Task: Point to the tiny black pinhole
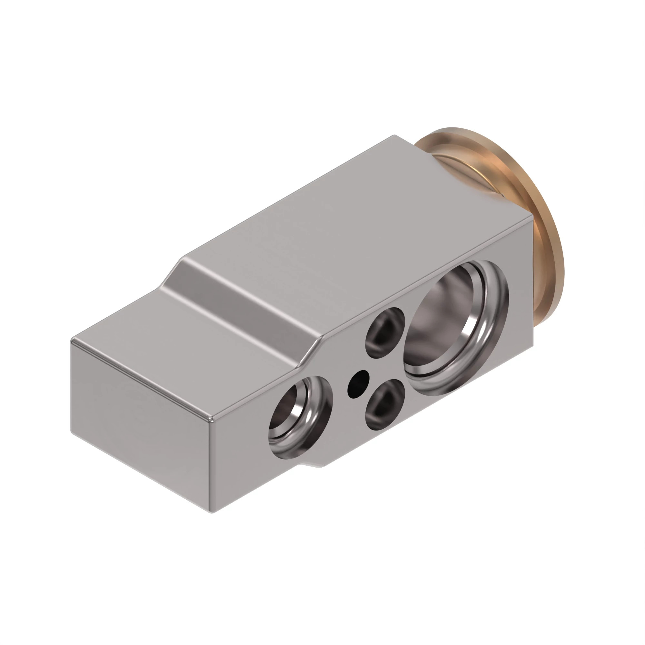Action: (x=358, y=380)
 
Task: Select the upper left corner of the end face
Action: (x=72, y=341)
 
